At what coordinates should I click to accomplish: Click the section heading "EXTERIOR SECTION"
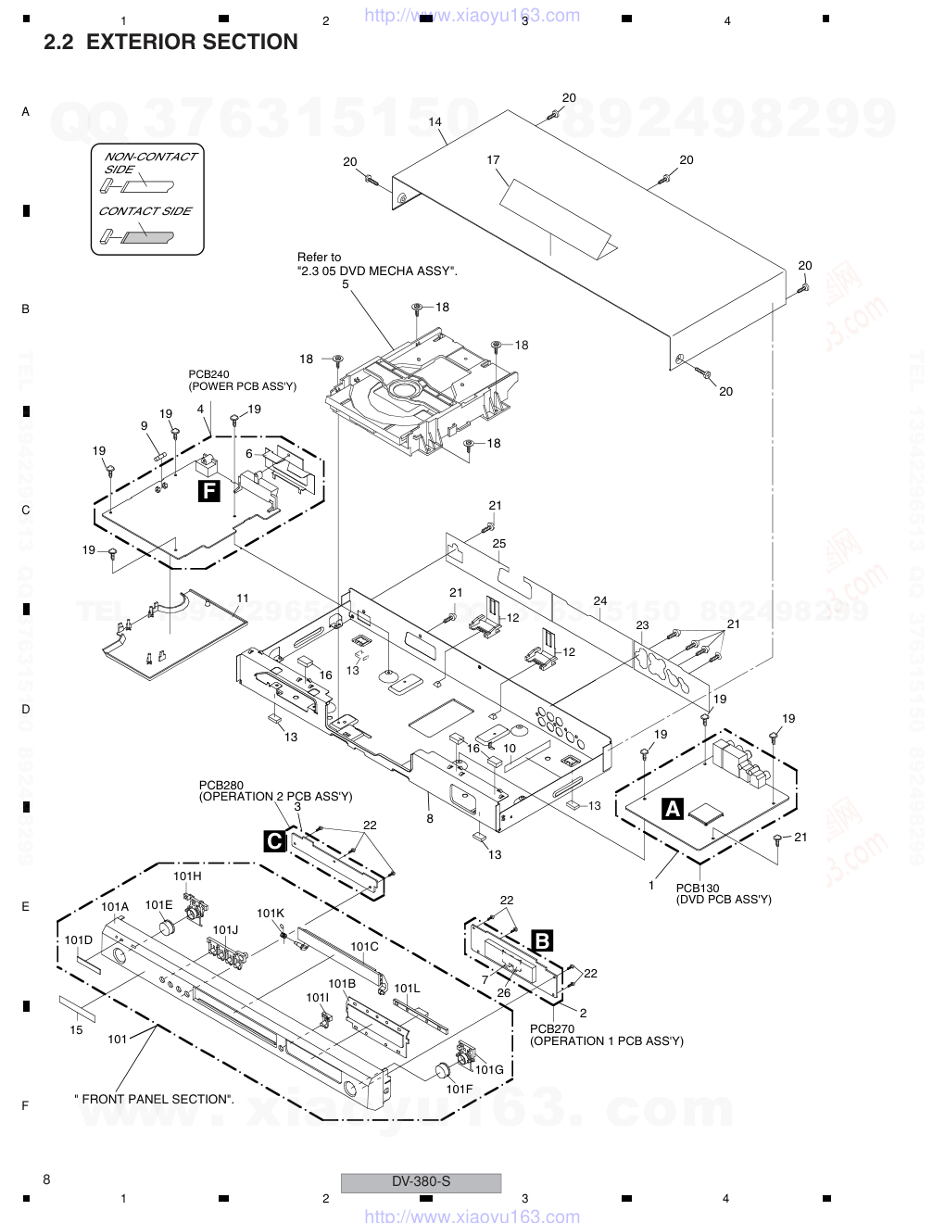192,42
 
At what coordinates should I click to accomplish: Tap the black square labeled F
209,491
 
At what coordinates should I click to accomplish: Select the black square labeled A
673,809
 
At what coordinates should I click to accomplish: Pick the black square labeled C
275,840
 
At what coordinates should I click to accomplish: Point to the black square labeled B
543,941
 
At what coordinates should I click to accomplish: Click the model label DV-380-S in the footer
421,1181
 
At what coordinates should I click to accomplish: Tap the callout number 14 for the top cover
435,121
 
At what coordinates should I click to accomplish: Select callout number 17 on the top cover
494,159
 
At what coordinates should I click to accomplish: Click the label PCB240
208,374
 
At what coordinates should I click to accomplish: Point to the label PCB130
698,888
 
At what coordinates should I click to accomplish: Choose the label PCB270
552,1028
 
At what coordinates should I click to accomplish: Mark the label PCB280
221,786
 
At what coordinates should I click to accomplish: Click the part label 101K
271,913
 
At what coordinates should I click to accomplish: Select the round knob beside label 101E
168,927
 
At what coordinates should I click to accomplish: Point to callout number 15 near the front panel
77,1029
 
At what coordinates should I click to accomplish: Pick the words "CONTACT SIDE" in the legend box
145,211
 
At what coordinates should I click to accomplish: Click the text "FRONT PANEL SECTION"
156,1099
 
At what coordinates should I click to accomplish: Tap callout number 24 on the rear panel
600,600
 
